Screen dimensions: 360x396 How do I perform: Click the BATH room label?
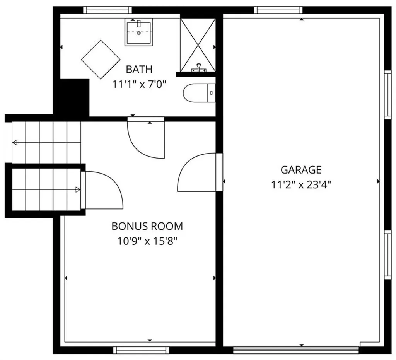click(139, 70)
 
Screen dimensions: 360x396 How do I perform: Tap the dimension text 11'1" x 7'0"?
click(139, 84)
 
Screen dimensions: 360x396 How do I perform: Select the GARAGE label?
click(301, 170)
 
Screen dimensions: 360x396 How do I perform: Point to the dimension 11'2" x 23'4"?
click(301, 184)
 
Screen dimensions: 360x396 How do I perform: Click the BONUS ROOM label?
click(147, 226)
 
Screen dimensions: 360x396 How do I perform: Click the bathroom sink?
click(138, 32)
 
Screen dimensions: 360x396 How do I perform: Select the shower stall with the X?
click(198, 44)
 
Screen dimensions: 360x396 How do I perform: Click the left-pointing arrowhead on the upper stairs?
click(15, 143)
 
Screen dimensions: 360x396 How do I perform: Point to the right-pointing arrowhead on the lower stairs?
click(78, 189)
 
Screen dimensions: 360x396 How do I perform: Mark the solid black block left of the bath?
click(72, 97)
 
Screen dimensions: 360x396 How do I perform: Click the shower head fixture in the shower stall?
click(200, 68)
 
